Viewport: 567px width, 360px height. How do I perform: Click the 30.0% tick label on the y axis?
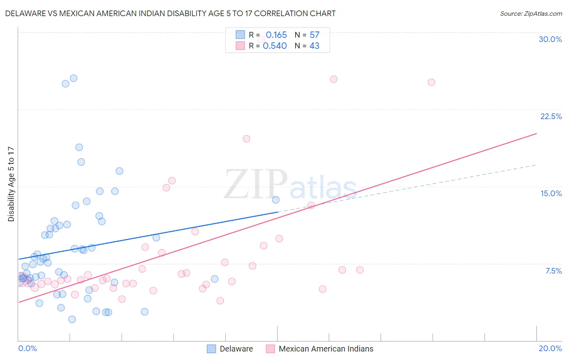(550, 39)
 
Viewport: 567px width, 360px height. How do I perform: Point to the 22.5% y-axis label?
(551, 116)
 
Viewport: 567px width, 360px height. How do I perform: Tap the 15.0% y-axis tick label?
(551, 193)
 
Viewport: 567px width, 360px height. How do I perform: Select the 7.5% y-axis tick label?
(553, 271)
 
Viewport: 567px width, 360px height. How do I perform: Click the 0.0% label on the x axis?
(27, 348)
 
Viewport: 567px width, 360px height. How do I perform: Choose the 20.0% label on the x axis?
(550, 348)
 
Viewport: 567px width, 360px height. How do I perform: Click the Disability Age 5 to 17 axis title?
(11, 184)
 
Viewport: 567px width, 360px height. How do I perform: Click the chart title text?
(170, 13)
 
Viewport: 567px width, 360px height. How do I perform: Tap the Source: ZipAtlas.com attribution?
(531, 13)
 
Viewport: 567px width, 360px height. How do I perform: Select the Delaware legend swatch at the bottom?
(211, 349)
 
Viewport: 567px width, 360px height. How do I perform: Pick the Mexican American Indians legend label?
(326, 349)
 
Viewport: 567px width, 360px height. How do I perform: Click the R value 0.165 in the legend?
(276, 35)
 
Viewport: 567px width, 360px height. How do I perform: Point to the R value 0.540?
(275, 46)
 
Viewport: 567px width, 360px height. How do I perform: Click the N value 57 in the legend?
(315, 35)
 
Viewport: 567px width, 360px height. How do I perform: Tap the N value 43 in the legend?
(315, 46)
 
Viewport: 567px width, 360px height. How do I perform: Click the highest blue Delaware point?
(73, 78)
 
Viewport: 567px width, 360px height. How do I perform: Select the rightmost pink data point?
(431, 82)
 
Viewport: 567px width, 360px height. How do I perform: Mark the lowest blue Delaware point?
(72, 319)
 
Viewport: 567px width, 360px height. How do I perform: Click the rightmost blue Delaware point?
(275, 200)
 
